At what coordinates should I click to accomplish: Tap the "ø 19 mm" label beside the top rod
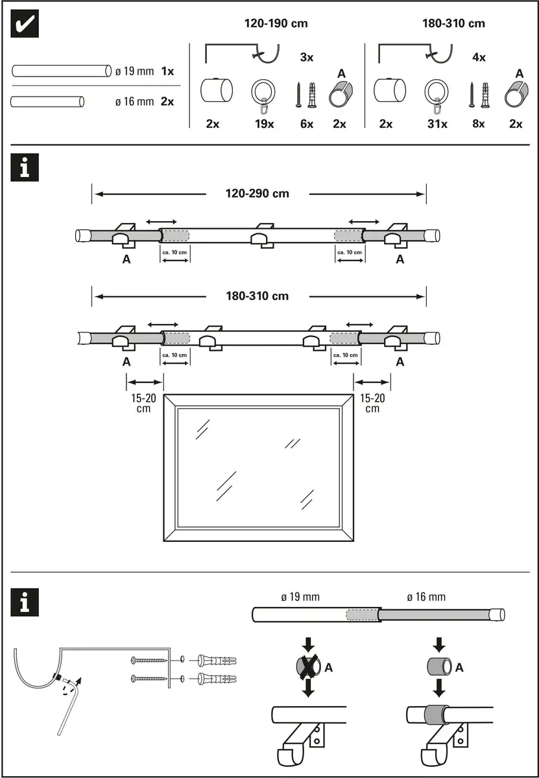[134, 71]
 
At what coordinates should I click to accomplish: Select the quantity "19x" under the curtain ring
[263, 124]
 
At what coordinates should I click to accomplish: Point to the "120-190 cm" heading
[276, 24]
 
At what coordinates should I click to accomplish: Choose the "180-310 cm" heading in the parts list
[453, 24]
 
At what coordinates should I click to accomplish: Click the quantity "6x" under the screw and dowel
[307, 124]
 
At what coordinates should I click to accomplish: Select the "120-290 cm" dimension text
[258, 193]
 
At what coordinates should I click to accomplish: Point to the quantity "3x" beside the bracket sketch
[307, 57]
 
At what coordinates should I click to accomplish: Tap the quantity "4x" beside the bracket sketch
[479, 57]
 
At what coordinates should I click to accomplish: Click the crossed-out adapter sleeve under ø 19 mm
[309, 666]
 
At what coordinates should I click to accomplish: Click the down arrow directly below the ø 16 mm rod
[439, 643]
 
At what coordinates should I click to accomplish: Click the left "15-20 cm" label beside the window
[138, 403]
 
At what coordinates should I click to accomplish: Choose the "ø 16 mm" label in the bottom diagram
[426, 597]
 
